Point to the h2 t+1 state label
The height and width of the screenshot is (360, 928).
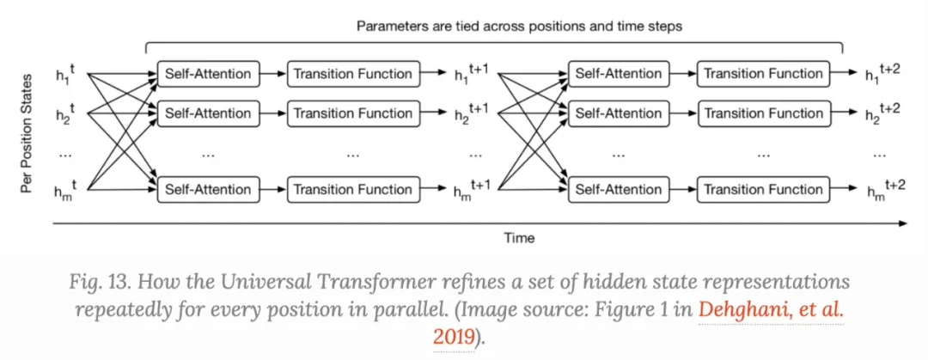click(471, 113)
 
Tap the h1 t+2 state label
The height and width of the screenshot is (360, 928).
click(882, 74)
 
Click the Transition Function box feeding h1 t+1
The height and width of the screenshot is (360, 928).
click(352, 74)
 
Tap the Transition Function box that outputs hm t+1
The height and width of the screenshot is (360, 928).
click(352, 189)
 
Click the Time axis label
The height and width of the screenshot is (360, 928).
click(518, 238)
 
